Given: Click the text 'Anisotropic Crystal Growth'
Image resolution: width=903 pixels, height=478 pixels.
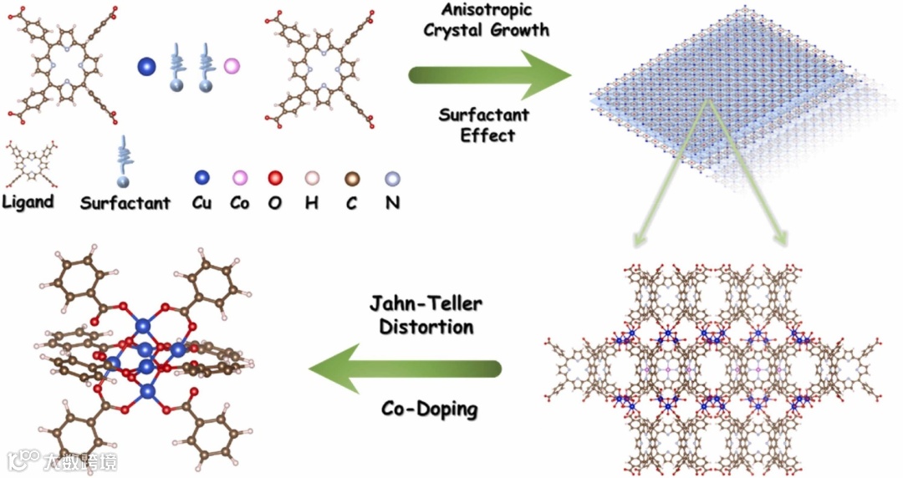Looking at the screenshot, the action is (487, 22).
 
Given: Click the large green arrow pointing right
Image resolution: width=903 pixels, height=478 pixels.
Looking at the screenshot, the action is (489, 76).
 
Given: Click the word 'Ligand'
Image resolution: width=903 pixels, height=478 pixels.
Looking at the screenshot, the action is (28, 201).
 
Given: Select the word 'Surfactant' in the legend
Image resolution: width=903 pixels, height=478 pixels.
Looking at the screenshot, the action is (125, 203).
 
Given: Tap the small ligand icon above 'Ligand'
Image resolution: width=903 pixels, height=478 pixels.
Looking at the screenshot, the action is (28, 165).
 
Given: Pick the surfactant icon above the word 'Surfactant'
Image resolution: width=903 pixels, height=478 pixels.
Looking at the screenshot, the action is (124, 161).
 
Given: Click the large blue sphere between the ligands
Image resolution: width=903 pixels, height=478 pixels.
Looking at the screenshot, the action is (147, 65).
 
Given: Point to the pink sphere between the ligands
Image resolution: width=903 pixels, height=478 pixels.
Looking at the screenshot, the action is (232, 64).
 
